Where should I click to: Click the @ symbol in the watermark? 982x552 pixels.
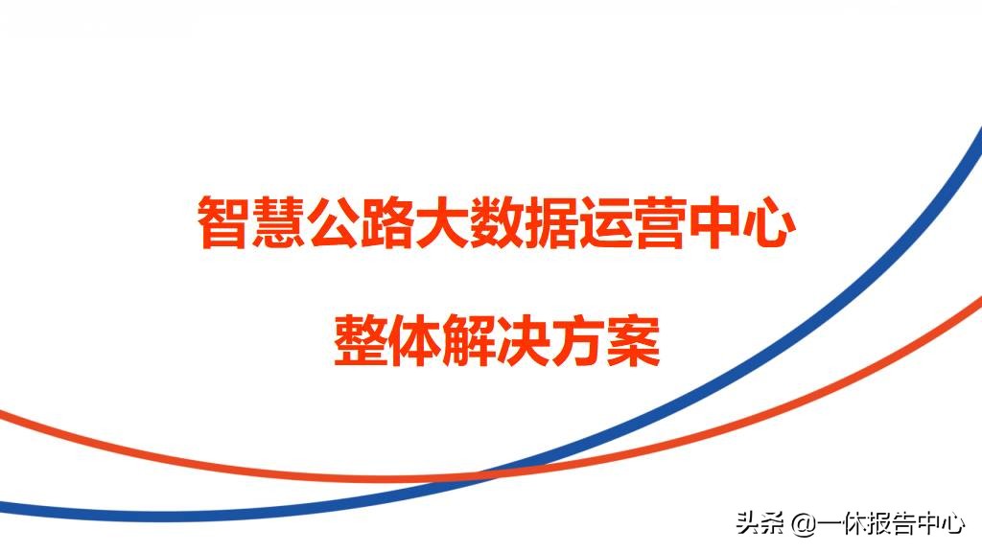[803, 524]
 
